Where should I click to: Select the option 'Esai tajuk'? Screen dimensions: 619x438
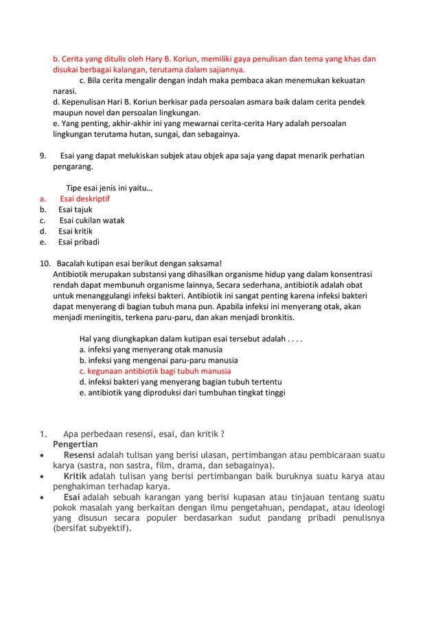tap(75, 209)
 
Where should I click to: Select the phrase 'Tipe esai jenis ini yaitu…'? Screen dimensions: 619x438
tap(109, 188)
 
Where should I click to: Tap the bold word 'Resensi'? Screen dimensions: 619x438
tap(80, 454)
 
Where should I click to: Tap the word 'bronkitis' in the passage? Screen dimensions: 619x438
tap(275, 318)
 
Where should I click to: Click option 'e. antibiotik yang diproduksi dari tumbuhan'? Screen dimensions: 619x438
tap(182, 393)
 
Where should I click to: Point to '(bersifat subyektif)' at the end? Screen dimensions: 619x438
tap(92, 529)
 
